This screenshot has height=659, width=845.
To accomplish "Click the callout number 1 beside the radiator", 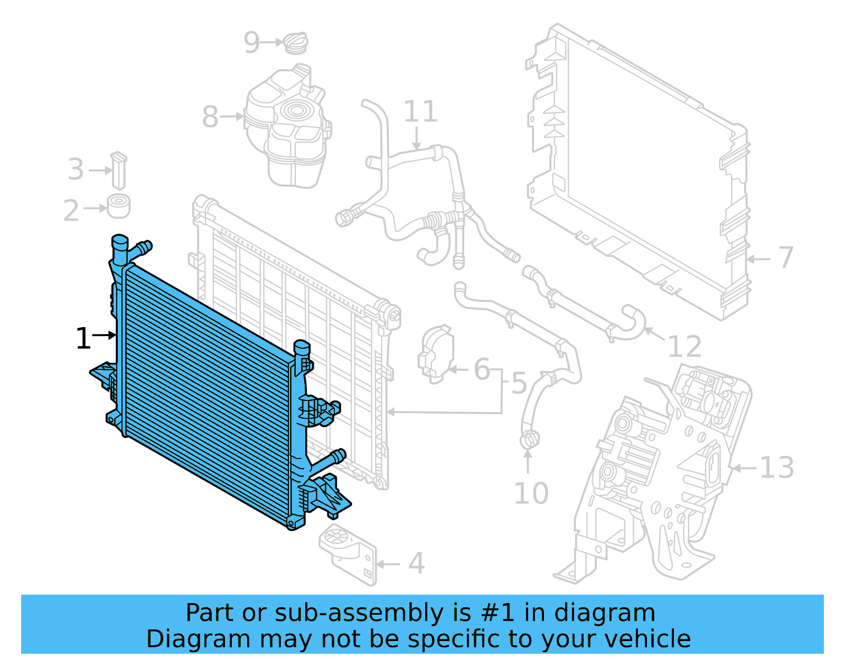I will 83,338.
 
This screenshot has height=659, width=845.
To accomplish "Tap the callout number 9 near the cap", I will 252,42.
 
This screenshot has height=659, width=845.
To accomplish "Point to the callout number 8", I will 210,117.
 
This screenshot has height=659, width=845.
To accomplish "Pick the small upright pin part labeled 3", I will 119,170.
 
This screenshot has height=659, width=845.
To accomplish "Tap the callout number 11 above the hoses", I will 420,111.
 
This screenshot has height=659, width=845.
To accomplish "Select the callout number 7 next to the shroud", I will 786,257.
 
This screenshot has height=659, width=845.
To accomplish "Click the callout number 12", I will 684,347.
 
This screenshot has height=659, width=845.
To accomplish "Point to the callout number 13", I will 776,467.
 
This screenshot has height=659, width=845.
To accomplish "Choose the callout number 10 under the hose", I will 531,493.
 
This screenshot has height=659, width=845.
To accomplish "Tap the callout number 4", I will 416,564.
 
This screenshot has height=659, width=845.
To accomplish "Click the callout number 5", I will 519,383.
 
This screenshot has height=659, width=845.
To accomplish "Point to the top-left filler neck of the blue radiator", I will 119,248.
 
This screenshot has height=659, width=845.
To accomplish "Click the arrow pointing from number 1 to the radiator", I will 105,335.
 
